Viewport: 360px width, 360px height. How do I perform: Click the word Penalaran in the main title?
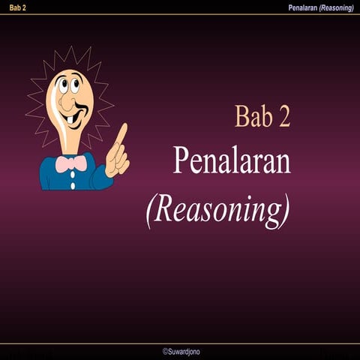click(232, 160)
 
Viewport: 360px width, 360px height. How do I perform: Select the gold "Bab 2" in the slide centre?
click(262, 117)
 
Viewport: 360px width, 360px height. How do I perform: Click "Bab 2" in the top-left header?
click(13, 7)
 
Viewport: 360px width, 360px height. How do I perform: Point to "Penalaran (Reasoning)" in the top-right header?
click(320, 7)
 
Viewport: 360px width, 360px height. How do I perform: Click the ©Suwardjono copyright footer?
click(181, 351)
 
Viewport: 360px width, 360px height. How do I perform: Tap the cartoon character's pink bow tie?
click(71, 163)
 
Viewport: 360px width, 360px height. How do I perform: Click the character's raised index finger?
click(120, 135)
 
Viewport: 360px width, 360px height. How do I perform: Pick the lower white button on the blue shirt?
click(72, 184)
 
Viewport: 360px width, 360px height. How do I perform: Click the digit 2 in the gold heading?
click(283, 117)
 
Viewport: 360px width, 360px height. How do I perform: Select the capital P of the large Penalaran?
click(181, 160)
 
